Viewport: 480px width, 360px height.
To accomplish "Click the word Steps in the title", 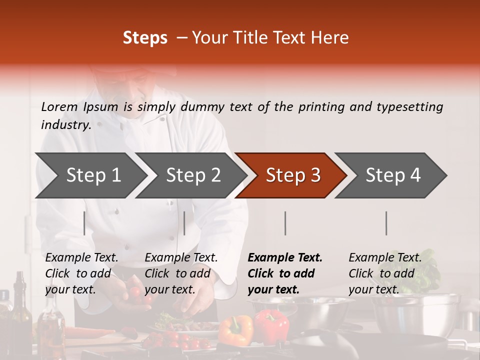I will pos(145,37).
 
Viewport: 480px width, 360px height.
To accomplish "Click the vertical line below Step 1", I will pos(84,223).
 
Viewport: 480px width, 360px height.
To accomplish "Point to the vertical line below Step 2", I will pos(184,223).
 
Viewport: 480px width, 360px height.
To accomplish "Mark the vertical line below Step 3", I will pos(285,223).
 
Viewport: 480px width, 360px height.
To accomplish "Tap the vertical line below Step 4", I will pos(386,223).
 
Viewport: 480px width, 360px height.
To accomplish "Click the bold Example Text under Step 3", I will pos(285,258).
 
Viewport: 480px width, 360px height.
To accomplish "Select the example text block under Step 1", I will pos(81,273).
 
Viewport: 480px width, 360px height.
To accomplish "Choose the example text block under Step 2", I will pos(181,273).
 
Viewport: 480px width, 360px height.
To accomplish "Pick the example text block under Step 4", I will pos(385,273).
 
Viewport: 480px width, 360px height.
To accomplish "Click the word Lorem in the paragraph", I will pos(59,106).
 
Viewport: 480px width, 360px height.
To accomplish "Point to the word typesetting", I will pos(409,107).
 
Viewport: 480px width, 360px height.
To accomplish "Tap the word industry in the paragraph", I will pos(65,125).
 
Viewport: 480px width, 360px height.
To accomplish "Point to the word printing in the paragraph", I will pos(319,107).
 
